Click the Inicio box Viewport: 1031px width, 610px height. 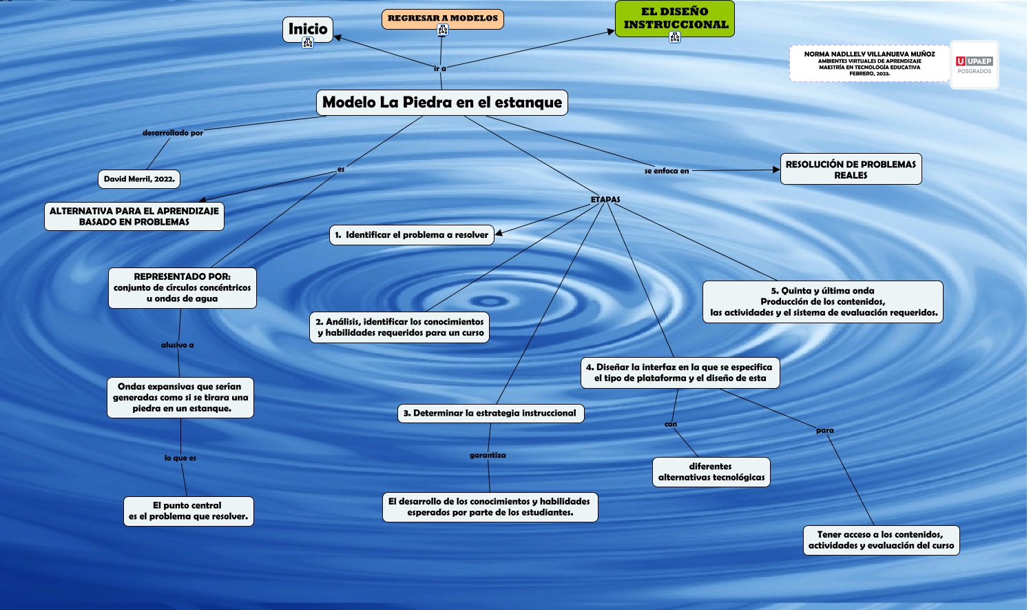point(307,29)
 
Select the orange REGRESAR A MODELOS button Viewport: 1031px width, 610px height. point(442,19)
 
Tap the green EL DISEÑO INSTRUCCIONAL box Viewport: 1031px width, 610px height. point(675,18)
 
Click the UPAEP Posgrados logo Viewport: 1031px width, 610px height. point(974,65)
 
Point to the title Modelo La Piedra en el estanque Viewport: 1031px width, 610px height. point(442,103)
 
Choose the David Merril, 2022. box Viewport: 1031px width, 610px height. point(139,179)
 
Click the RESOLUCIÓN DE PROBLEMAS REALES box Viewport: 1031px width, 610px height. point(851,170)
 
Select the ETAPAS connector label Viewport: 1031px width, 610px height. point(605,200)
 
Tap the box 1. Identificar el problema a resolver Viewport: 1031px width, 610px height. point(411,235)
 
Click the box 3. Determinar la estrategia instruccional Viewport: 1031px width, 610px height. point(490,414)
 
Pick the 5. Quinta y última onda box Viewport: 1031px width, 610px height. point(823,302)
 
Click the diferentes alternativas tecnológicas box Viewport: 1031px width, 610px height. point(711,472)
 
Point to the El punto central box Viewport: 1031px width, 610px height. point(188,511)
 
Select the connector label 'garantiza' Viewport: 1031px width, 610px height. point(488,456)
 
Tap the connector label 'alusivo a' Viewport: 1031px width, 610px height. point(177,345)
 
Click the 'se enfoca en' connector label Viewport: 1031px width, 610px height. point(666,171)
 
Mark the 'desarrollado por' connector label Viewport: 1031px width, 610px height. point(172,133)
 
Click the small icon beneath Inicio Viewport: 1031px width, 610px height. point(308,43)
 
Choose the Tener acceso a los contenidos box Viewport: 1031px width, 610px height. point(881,540)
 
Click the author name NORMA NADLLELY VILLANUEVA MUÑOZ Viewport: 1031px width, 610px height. point(869,54)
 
